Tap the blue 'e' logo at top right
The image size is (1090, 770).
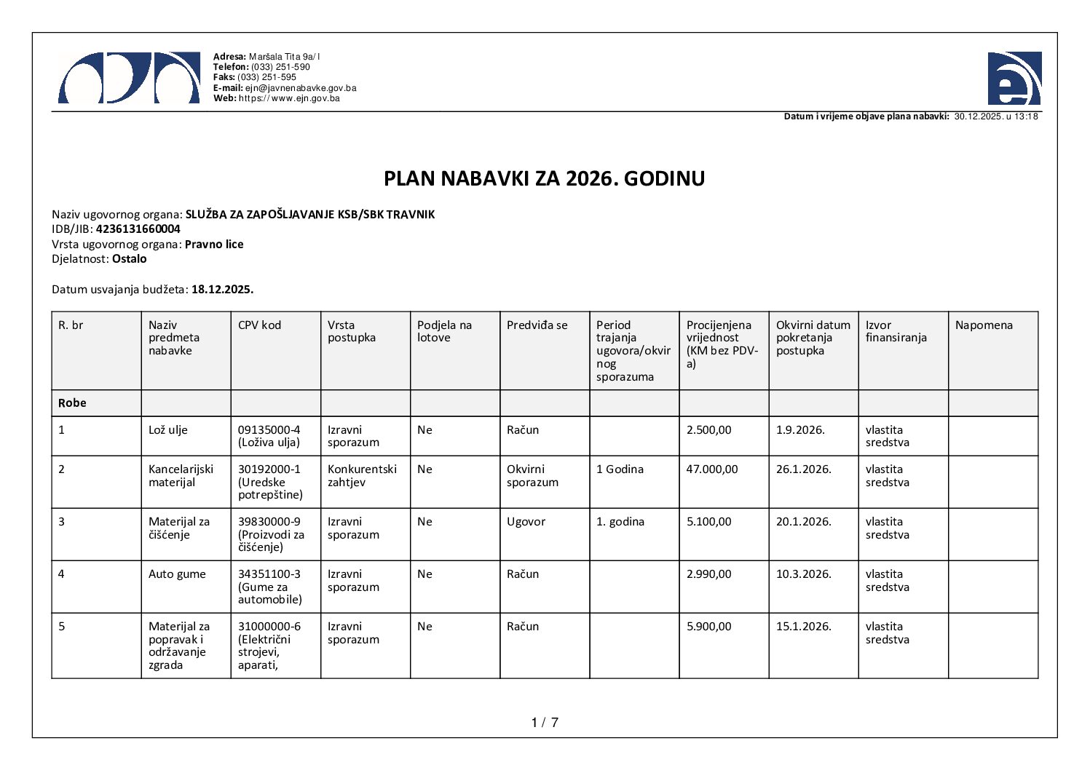[x=1014, y=79]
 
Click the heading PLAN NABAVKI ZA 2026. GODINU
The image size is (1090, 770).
[x=544, y=178]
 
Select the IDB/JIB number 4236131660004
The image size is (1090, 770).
[x=138, y=229]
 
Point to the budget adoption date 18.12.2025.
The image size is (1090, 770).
[x=222, y=290]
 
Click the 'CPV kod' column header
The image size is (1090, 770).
[x=259, y=325]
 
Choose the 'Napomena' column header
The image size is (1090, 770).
[x=984, y=325]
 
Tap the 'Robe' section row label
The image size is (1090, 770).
[x=72, y=403]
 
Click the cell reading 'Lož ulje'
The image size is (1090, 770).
[x=168, y=430]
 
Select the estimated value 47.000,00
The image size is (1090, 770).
[x=711, y=469]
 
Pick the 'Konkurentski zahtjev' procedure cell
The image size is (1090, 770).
[x=362, y=476]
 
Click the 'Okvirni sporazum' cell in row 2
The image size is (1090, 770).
[x=532, y=476]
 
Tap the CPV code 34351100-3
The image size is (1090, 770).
[x=269, y=574]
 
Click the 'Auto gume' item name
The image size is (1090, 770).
[x=177, y=574]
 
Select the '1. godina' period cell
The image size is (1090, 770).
[x=620, y=522]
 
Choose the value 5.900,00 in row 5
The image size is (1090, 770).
[x=708, y=627]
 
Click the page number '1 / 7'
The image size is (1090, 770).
[x=545, y=723]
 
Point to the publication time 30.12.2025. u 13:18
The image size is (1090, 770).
[x=996, y=116]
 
